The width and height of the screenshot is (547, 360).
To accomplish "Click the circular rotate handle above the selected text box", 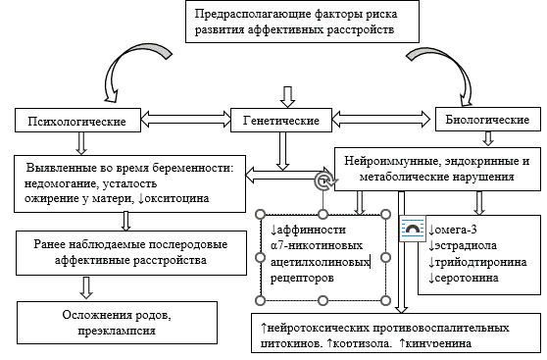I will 323,182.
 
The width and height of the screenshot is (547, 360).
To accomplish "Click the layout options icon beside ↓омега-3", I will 413,228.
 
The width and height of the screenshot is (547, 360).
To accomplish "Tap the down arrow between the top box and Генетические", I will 286,95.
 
